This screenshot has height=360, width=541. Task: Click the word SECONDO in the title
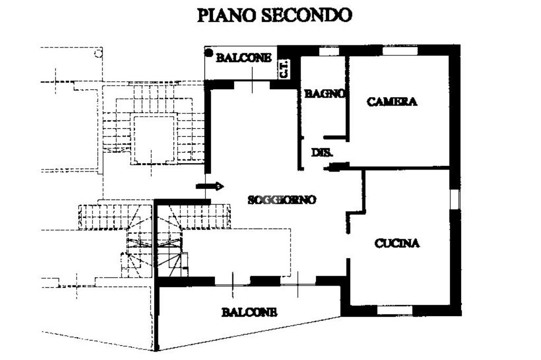[x=306, y=15]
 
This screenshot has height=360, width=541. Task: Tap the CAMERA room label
[x=392, y=102]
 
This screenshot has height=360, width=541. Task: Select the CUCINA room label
[x=397, y=243]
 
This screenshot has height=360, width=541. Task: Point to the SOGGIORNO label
[x=282, y=200]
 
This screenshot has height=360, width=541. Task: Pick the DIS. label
[x=322, y=153]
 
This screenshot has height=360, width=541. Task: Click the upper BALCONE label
[x=244, y=58]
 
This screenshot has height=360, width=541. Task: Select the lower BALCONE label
[x=249, y=312]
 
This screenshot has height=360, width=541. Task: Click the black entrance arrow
[x=210, y=186]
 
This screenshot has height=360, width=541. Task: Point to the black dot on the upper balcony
[x=209, y=53]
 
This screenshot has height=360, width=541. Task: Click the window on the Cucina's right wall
[x=454, y=198]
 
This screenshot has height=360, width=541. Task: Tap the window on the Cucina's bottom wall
[x=395, y=310]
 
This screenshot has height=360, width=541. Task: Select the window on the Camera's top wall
[x=399, y=51]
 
